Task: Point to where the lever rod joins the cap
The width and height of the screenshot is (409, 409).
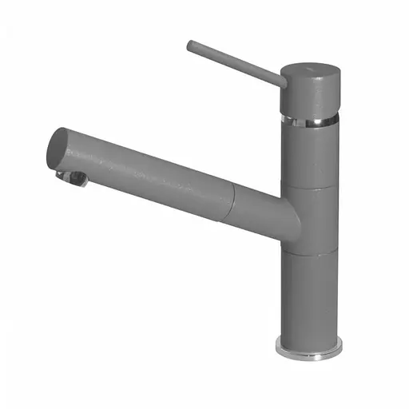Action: (x=282, y=80)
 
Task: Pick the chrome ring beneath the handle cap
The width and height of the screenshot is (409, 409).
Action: (x=310, y=121)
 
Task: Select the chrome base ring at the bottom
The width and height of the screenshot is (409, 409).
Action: (x=309, y=348)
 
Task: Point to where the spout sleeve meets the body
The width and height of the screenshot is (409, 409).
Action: (x=283, y=220)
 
